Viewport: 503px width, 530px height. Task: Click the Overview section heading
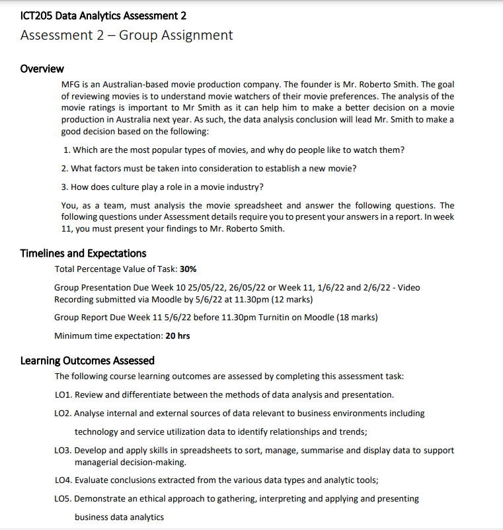point(42,69)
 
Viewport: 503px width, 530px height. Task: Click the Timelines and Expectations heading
point(83,253)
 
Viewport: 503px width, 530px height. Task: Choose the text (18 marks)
point(357,318)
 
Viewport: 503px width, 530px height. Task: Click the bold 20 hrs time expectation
point(178,335)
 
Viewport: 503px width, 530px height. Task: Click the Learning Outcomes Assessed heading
point(87,361)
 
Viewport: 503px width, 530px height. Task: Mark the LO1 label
point(63,395)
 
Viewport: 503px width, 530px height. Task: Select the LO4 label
point(63,481)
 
